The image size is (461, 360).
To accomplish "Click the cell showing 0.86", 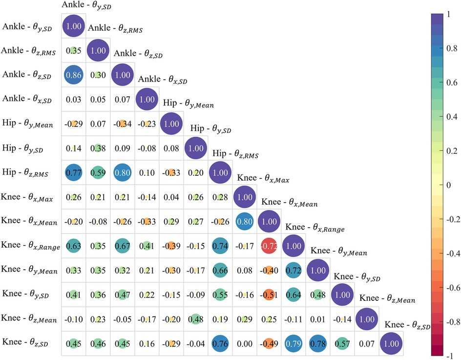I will point(73,76).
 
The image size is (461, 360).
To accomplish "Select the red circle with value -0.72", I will point(269,246).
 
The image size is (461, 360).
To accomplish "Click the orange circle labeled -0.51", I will point(269,295).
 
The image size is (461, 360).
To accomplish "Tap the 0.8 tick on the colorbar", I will point(449,48).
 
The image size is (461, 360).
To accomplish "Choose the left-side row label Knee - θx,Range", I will point(30,246).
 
